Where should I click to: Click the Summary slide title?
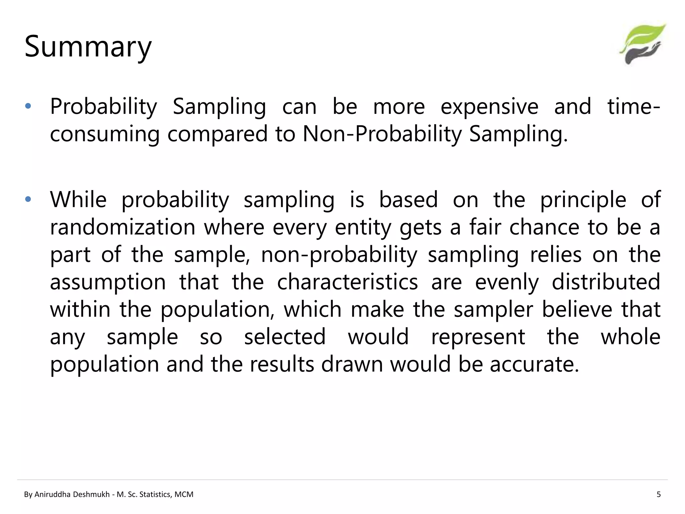point(88,47)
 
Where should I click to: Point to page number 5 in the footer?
point(659,494)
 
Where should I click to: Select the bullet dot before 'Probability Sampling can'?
point(28,106)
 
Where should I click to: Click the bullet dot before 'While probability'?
point(28,199)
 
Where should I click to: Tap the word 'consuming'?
point(105,134)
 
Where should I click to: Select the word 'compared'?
point(217,134)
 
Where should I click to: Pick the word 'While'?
point(78,199)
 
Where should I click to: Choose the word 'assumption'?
point(108,282)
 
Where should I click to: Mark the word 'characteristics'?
point(348,282)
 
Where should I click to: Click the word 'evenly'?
point(507,282)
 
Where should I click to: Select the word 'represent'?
point(478,337)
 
